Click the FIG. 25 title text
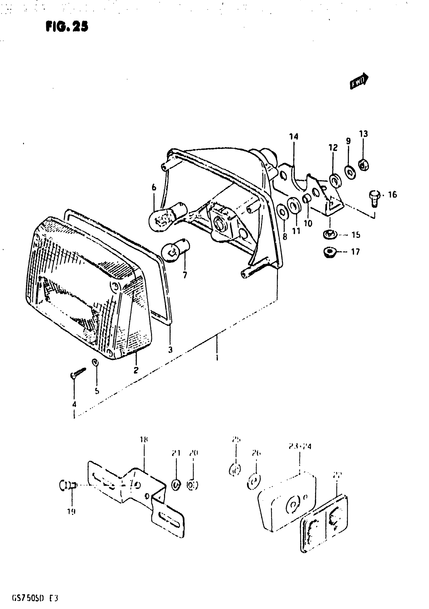pos(67,26)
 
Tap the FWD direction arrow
pos(359,81)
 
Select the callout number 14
pos(293,137)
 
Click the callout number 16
pos(392,195)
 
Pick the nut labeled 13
pos(363,166)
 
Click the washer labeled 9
pos(351,172)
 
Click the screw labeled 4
pos(78,373)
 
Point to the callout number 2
pos(136,370)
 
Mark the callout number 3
pos(170,350)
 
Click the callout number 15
pos(356,235)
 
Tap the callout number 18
pos(144,440)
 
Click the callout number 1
pos(217,357)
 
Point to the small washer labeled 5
pos(95,362)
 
